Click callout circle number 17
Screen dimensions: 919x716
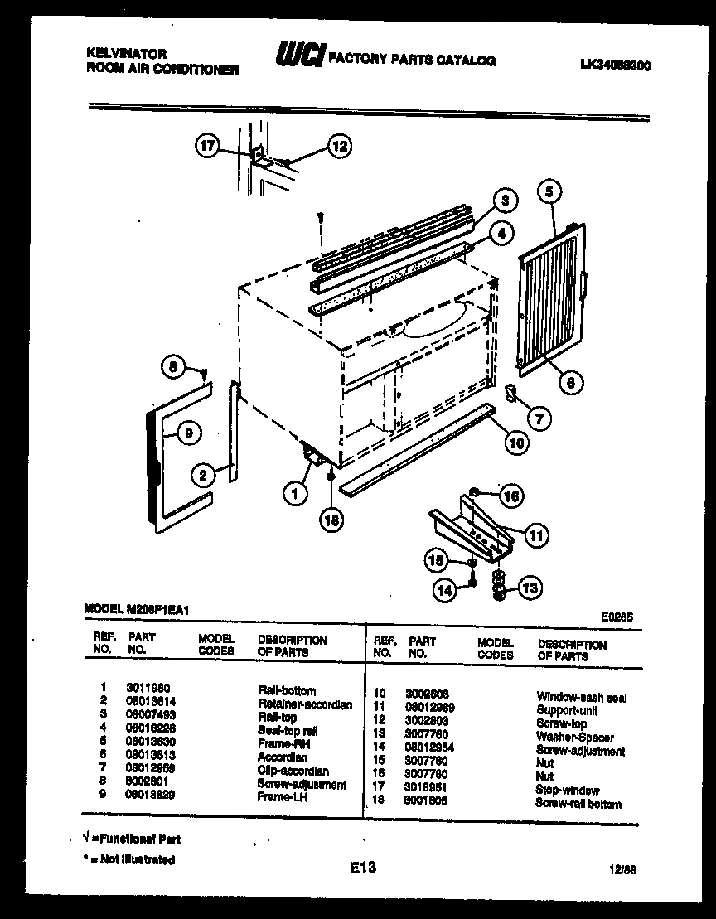(x=207, y=147)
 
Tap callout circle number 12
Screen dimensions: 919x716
(x=338, y=147)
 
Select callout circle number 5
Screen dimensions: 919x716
(x=549, y=192)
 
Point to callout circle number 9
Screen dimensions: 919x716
(x=189, y=432)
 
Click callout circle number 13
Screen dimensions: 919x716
(x=530, y=589)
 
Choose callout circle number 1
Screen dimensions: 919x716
(x=293, y=495)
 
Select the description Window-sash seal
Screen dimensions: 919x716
(x=581, y=698)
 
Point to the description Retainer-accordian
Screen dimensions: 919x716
(x=304, y=704)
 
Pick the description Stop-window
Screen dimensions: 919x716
(x=567, y=791)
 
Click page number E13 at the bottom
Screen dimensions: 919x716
(x=362, y=868)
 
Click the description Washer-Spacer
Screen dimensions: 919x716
(x=574, y=738)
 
